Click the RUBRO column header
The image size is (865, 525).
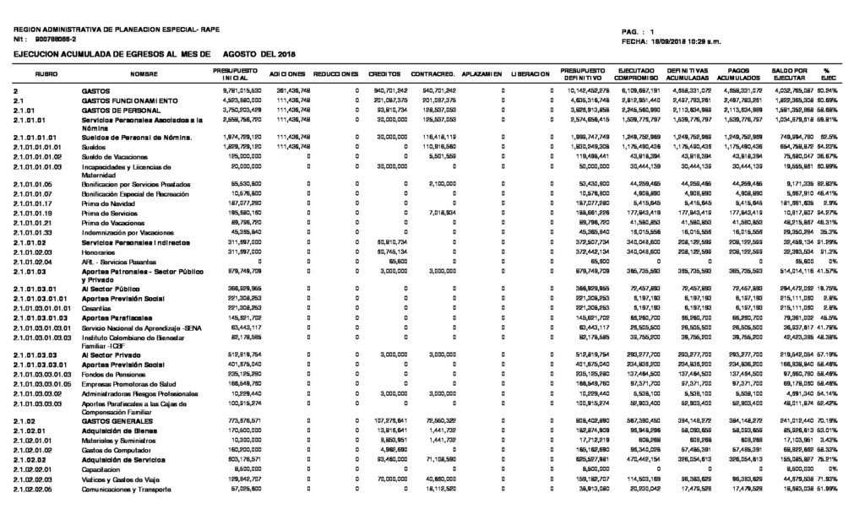tap(46, 74)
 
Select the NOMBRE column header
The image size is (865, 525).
tap(144, 74)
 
